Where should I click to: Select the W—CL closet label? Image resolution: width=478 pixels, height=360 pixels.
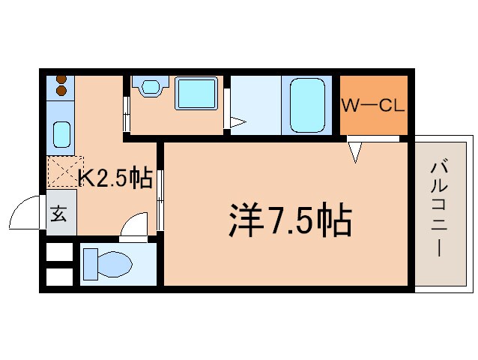373,105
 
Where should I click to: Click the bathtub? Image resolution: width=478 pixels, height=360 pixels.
307,104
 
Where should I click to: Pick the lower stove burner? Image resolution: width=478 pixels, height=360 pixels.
61,91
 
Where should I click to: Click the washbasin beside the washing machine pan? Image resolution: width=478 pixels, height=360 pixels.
149,88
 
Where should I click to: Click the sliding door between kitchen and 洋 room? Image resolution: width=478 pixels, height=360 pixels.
160,199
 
